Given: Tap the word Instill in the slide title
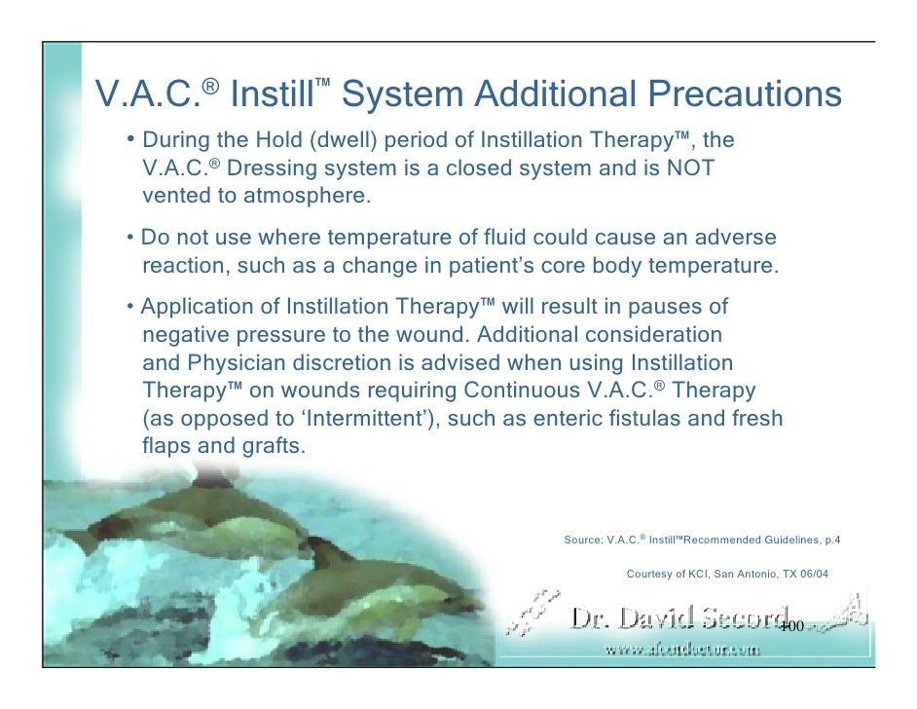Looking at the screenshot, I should (x=275, y=95).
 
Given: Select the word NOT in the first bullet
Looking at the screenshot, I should (x=690, y=168).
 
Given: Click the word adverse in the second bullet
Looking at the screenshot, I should (x=738, y=239).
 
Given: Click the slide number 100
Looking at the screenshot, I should (x=790, y=626).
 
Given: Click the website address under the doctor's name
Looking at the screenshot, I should (x=680, y=650).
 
